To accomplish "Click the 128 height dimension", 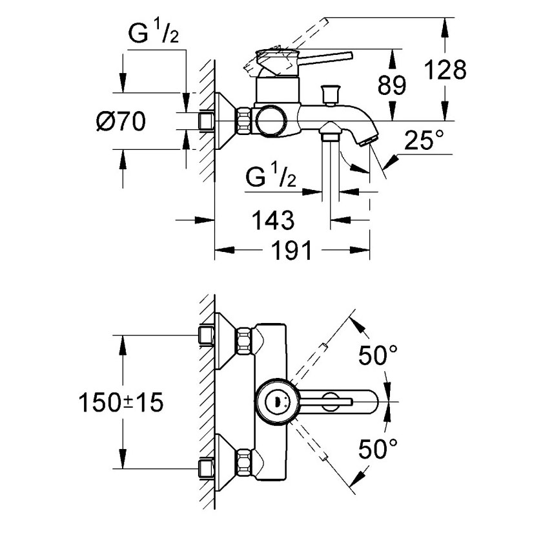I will pyautogui.click(x=446, y=69).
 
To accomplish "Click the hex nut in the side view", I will pyautogui.click(x=244, y=121).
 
